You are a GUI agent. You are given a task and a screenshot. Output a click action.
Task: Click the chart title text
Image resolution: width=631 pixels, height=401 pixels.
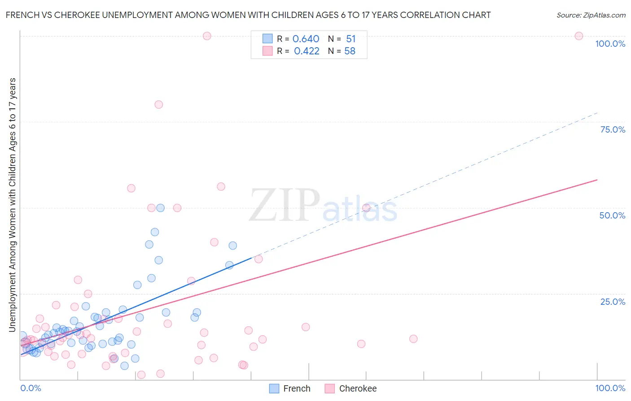click(248, 15)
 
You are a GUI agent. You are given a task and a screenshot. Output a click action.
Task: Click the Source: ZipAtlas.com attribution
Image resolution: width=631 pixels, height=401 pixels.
click(591, 15)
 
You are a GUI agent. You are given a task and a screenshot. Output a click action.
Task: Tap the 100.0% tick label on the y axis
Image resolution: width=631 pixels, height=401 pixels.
click(610, 44)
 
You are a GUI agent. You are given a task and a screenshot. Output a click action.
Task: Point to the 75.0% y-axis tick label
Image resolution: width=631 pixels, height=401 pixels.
click(613, 129)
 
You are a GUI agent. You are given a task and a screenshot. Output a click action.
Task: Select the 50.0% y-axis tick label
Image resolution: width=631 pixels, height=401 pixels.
click(612, 215)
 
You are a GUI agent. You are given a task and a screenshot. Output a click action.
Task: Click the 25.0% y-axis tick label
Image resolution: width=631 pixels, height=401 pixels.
click(613, 302)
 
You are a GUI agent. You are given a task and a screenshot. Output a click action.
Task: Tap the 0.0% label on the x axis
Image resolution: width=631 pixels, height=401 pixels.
click(31, 388)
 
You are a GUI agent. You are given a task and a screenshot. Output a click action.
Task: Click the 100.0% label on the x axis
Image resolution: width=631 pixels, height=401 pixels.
click(610, 388)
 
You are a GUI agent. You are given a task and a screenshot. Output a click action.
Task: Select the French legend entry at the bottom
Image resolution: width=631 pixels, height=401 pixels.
click(290, 388)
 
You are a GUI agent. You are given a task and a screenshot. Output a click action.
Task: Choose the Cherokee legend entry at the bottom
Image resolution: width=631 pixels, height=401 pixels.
click(351, 388)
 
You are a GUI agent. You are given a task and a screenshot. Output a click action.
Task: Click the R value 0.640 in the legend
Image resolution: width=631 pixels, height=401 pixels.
click(306, 39)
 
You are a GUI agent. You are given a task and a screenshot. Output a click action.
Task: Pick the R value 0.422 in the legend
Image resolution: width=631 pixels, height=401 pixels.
click(307, 51)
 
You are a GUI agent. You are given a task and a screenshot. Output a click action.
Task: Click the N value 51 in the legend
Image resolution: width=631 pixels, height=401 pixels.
click(351, 39)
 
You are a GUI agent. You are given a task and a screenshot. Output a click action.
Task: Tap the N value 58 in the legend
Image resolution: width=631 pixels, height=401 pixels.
click(350, 51)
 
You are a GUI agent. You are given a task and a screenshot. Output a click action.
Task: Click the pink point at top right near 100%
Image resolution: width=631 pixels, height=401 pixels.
click(579, 36)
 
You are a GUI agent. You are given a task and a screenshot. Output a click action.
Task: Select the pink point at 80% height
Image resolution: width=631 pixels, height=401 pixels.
click(158, 104)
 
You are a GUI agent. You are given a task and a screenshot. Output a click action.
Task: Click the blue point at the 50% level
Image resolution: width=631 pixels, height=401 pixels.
click(160, 208)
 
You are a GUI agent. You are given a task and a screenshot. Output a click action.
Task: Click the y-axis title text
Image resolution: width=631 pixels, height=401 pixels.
click(12, 205)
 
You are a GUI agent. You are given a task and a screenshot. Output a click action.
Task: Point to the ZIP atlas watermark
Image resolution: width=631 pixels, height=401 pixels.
click(323, 206)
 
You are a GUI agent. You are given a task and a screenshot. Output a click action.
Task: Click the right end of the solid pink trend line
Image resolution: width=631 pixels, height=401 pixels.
click(596, 180)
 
